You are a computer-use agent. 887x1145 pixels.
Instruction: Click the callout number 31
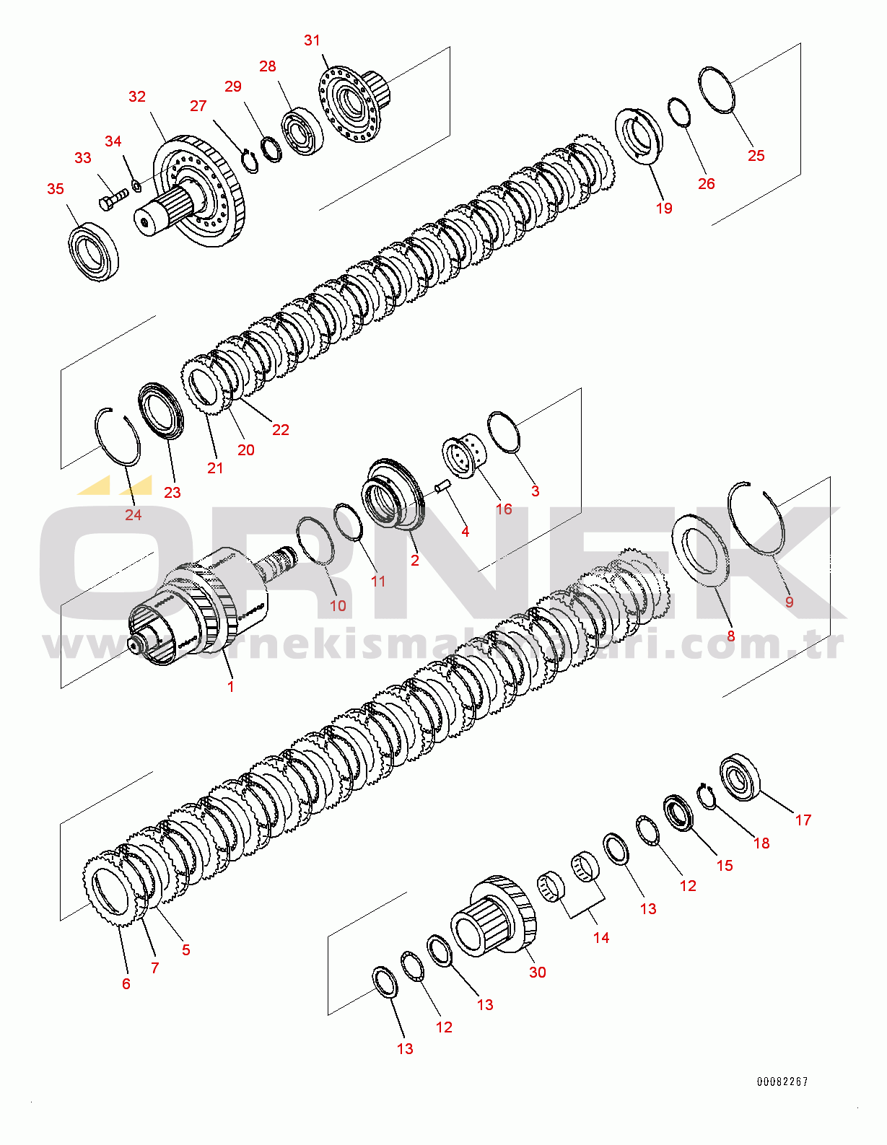312,40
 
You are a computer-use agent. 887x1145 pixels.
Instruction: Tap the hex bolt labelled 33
112,198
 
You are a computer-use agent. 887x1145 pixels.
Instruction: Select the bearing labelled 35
94,253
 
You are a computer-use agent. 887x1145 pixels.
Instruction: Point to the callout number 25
756,156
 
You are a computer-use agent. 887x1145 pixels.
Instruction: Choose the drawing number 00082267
782,1082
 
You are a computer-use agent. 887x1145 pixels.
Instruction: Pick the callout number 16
504,509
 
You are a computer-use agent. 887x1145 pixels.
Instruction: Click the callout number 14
601,938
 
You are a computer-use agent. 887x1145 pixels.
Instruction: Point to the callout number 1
231,687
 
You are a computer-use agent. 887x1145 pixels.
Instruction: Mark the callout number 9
789,602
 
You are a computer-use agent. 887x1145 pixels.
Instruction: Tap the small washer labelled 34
136,188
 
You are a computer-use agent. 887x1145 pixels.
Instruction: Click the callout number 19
664,209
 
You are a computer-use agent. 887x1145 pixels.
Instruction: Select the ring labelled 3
504,432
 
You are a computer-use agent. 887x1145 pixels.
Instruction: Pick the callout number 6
126,984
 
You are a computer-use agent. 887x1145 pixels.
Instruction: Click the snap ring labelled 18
706,796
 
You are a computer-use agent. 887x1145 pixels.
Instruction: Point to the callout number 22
281,430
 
